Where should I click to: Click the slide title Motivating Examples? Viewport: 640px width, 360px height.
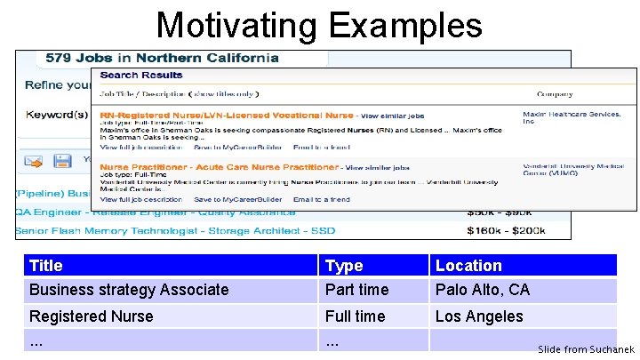pyautogui.click(x=319, y=24)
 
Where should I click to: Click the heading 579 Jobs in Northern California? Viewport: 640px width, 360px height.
pyautogui.click(x=162, y=58)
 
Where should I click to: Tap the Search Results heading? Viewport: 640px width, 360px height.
pyautogui.click(x=141, y=75)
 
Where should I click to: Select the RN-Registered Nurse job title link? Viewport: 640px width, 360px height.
pyautogui.click(x=227, y=116)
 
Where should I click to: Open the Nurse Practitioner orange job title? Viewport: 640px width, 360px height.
pyautogui.click(x=219, y=167)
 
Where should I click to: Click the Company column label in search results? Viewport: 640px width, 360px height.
pyautogui.click(x=556, y=93)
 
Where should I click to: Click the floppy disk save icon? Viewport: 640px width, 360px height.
pyautogui.click(x=62, y=161)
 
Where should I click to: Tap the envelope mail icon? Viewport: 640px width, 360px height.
pyautogui.click(x=34, y=161)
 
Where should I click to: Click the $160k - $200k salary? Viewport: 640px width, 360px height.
pyautogui.click(x=506, y=231)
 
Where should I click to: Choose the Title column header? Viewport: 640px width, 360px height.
pyautogui.click(x=46, y=265)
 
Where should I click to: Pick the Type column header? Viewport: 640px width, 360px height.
pyautogui.click(x=344, y=265)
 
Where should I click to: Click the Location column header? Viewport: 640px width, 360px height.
pyautogui.click(x=468, y=265)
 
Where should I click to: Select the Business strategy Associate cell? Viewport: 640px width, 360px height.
pyautogui.click(x=129, y=290)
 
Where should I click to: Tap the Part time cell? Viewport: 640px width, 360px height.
pyautogui.click(x=356, y=290)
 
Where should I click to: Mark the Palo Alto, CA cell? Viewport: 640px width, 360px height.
pyautogui.click(x=482, y=290)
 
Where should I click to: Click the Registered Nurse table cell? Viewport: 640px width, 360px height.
pyautogui.click(x=91, y=316)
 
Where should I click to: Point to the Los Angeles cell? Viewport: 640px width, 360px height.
pyautogui.click(x=479, y=316)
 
